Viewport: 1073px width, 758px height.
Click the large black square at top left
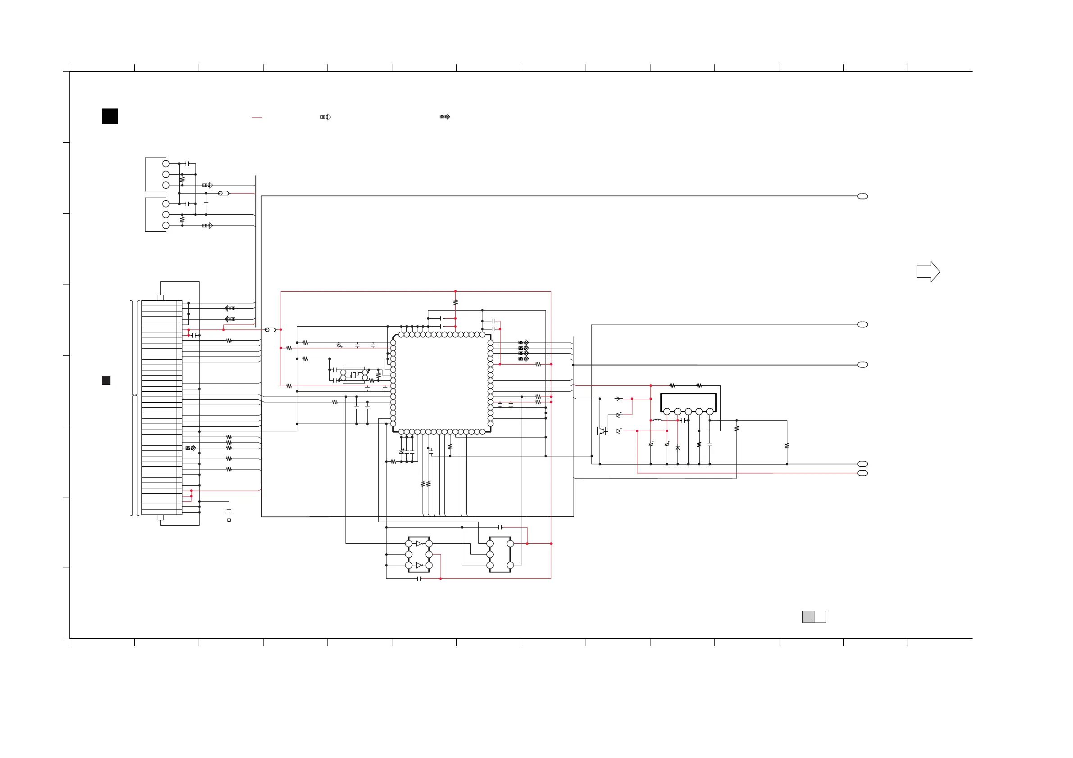tap(110, 116)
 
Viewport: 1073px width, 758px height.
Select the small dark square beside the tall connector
tap(106, 381)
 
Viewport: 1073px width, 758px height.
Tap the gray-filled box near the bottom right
tap(808, 617)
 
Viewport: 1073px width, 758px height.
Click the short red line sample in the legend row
tap(257, 117)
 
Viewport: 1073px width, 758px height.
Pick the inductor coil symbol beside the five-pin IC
tap(657, 420)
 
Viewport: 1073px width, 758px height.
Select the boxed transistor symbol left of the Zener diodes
tap(601, 431)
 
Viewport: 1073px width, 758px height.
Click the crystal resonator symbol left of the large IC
tap(354, 375)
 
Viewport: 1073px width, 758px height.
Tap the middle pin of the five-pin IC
tap(688, 411)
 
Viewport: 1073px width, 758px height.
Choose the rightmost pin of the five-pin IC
tap(710, 411)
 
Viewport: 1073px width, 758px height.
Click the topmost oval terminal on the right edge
tap(863, 196)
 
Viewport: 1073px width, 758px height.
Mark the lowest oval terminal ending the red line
tap(863, 473)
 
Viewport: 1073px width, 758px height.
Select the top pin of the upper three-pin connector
tap(166, 164)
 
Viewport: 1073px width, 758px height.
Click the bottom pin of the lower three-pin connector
tap(166, 226)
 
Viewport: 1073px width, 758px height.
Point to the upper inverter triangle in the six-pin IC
tap(419, 544)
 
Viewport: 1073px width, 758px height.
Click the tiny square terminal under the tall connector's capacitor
tap(229, 520)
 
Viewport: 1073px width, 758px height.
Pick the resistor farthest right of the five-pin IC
tap(787, 446)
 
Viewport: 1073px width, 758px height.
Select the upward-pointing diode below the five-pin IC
tap(677, 448)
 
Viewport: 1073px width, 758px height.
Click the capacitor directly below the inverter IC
tap(419, 579)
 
